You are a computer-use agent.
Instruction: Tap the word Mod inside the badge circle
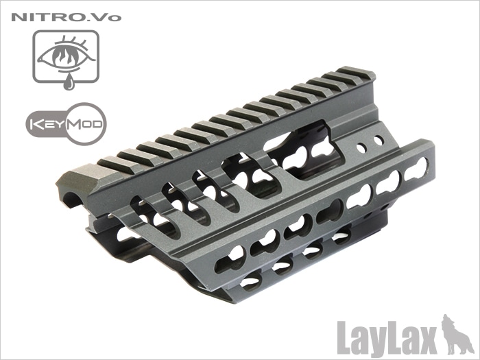(80, 125)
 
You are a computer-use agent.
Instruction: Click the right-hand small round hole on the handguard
(379, 141)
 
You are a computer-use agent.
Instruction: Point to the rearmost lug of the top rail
(357, 73)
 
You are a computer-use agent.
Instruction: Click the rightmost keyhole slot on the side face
(415, 169)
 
